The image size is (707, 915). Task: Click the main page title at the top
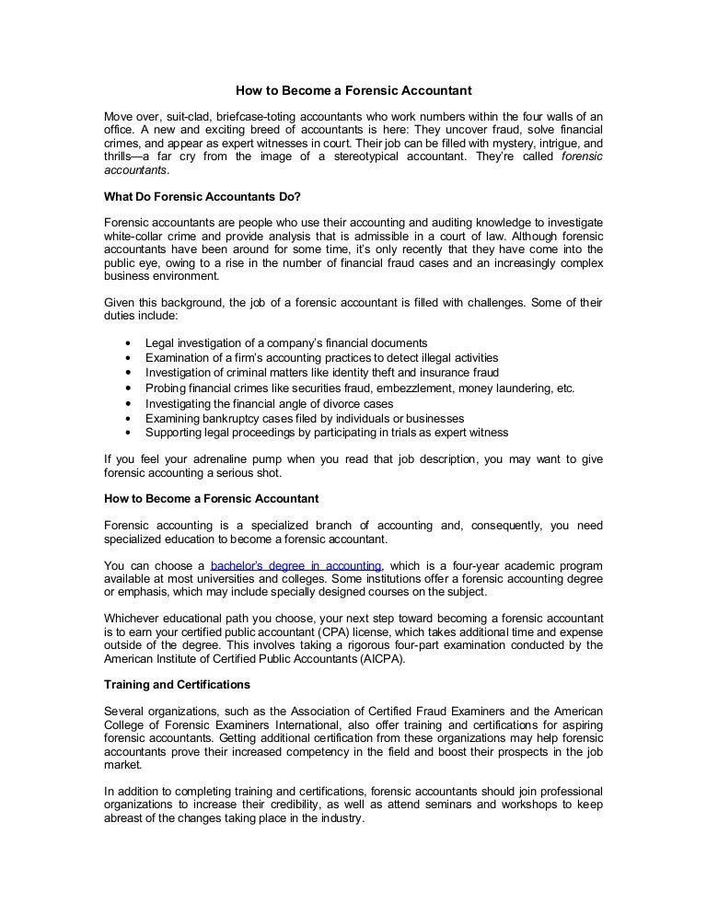tap(353, 91)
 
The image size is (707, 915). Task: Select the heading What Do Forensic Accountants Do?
tap(203, 197)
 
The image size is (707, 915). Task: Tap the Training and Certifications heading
tap(177, 685)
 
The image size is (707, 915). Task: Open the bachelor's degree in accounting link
tap(296, 565)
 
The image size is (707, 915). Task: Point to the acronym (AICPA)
tap(377, 659)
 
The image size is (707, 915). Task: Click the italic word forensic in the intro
tap(582, 156)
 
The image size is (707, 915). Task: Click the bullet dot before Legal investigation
tap(125, 343)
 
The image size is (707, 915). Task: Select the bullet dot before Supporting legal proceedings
tap(125, 433)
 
